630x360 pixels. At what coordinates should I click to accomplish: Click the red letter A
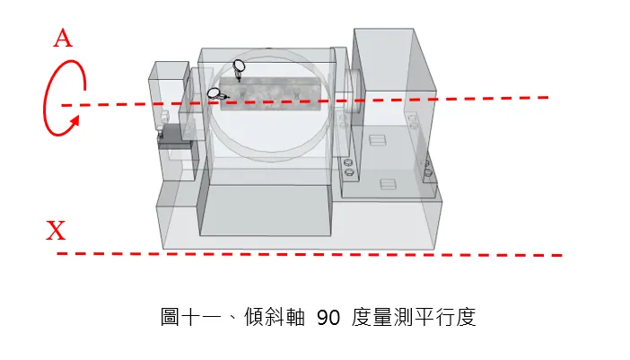(x=63, y=39)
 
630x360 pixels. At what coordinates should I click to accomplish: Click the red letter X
(x=56, y=230)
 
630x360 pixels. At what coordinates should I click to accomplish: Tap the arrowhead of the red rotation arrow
(x=74, y=122)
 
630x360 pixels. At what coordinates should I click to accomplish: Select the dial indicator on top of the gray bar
(x=239, y=69)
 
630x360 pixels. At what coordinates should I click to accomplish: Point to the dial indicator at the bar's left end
(x=217, y=94)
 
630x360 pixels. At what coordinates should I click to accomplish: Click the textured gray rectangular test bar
(x=270, y=93)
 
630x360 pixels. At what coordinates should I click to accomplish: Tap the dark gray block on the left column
(x=176, y=136)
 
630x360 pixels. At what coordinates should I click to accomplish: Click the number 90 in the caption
(x=328, y=318)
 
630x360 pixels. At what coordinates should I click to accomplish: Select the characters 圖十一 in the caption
(x=191, y=317)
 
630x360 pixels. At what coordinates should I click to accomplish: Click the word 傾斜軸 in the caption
(x=275, y=317)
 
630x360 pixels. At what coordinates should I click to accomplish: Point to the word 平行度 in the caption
(x=445, y=317)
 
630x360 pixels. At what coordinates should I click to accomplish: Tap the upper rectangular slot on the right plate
(x=377, y=140)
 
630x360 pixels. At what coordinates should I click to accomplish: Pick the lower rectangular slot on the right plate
(x=388, y=184)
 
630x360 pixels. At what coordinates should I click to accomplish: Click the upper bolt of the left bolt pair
(x=348, y=162)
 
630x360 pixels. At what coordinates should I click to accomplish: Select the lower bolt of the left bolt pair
(x=349, y=172)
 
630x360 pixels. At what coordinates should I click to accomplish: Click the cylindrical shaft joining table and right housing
(x=354, y=92)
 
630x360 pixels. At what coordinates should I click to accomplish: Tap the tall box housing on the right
(x=394, y=112)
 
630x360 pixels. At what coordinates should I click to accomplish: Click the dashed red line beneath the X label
(x=310, y=254)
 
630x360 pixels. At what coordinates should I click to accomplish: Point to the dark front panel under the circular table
(x=265, y=210)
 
